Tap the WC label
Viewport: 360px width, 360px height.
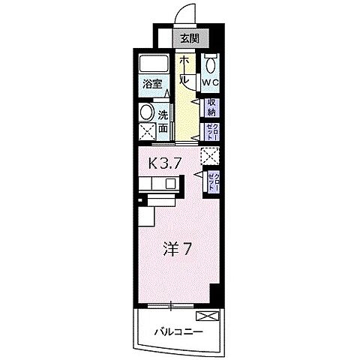(210, 82)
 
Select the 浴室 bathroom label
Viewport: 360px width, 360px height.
(152, 85)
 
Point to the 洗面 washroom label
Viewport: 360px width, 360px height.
(163, 121)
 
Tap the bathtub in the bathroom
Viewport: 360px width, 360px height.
(153, 64)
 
